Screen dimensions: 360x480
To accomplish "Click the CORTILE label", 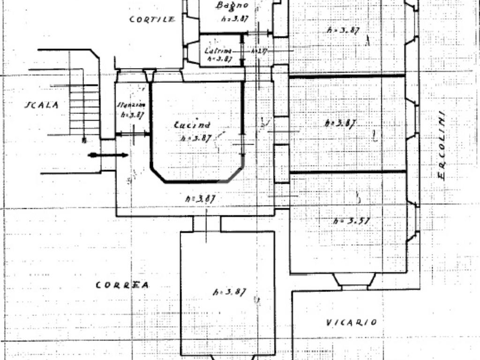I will click(152, 19).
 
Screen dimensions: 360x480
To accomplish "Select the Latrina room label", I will click(218, 51).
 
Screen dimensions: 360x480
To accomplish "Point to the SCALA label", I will click(42, 105).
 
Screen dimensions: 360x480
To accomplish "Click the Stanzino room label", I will click(131, 105).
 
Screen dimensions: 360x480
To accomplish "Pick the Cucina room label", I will click(192, 125).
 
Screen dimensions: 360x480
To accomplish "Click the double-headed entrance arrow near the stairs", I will click(108, 155).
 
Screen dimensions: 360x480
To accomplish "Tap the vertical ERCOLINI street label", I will click(442, 147).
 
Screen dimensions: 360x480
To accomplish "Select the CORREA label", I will click(122, 285).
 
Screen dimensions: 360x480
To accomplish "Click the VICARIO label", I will click(351, 322).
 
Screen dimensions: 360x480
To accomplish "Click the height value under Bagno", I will click(234, 19).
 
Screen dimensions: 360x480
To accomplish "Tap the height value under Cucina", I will click(196, 138).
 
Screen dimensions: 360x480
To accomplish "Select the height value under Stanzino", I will click(132, 114).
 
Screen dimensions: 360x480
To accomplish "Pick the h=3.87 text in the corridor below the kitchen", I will click(200, 199).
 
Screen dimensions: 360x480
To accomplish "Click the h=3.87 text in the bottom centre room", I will click(230, 292).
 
